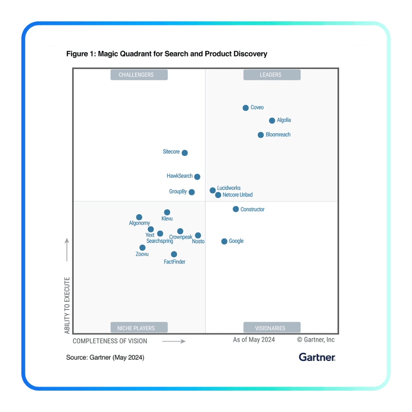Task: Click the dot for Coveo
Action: click(245, 108)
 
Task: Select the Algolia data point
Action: click(272, 120)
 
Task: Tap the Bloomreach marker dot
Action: click(261, 135)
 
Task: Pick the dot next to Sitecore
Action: click(185, 153)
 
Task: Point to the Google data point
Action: click(224, 241)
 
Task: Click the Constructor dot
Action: click(236, 209)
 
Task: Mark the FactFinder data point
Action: click(174, 254)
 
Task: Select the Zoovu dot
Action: click(142, 247)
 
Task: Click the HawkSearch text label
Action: click(179, 176)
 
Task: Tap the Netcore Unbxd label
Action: click(238, 195)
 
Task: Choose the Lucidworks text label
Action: click(229, 188)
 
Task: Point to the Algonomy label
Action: click(139, 223)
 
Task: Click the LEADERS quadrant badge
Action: click(270, 75)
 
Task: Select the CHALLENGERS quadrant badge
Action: click(136, 75)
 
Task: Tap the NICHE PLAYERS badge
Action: click(136, 328)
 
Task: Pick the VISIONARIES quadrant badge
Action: click(270, 328)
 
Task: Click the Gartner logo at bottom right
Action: click(317, 357)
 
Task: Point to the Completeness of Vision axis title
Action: click(110, 341)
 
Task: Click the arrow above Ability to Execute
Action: click(67, 249)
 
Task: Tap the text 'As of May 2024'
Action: click(254, 340)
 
